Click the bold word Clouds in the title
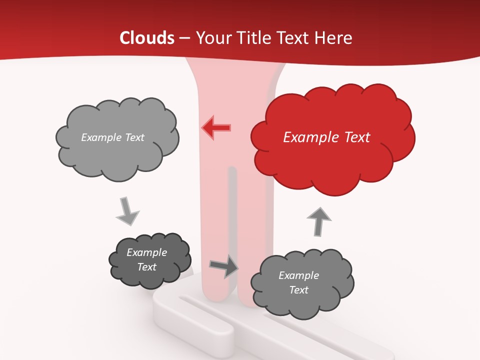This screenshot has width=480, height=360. (x=147, y=38)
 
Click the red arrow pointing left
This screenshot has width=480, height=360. (x=216, y=127)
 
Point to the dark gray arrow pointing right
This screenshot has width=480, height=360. (x=224, y=266)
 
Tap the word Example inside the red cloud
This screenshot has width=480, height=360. (x=306, y=137)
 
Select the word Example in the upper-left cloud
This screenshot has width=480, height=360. (x=101, y=137)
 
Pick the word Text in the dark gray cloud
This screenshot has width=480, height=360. (x=146, y=267)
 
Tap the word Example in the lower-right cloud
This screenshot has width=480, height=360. (x=298, y=275)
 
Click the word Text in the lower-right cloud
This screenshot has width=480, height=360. (x=298, y=290)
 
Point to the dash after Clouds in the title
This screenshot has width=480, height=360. (x=184, y=38)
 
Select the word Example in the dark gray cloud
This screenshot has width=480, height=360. (x=146, y=252)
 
